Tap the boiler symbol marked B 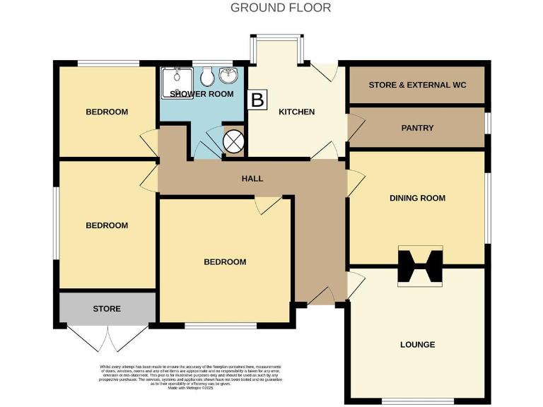[x=258, y=100]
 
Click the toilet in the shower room [x=207, y=76]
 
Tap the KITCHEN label [x=296, y=112]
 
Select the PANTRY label [x=417, y=128]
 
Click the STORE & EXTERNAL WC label [x=417, y=85]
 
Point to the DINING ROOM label [x=417, y=198]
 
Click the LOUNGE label [x=416, y=345]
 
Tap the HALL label [x=252, y=179]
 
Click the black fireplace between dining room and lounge [x=420, y=267]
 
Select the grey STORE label [x=107, y=309]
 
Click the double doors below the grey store [x=107, y=338]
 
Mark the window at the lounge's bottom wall [x=416, y=401]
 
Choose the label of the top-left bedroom [x=107, y=112]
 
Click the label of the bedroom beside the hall [x=225, y=261]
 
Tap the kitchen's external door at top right [x=325, y=71]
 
